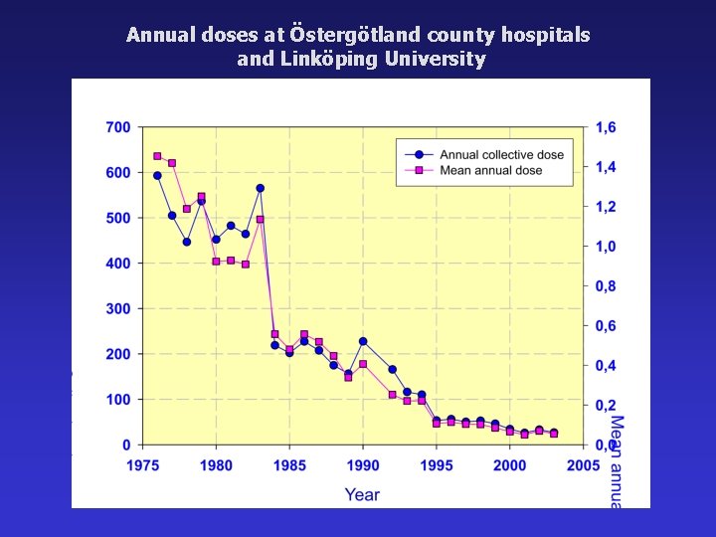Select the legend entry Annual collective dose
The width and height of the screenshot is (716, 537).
pyautogui.click(x=501, y=154)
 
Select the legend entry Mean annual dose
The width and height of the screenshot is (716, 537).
pyautogui.click(x=491, y=171)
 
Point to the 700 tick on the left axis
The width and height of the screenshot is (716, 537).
pyautogui.click(x=117, y=127)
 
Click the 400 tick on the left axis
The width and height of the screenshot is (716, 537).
pyautogui.click(x=117, y=264)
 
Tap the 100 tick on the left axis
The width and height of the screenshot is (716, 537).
pyautogui.click(x=117, y=400)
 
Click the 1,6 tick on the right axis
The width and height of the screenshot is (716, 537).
pyautogui.click(x=606, y=127)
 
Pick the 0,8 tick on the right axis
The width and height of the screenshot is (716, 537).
pyautogui.click(x=606, y=286)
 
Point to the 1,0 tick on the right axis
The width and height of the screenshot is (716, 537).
pyautogui.click(x=606, y=247)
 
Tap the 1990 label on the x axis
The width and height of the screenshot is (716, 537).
pyautogui.click(x=363, y=465)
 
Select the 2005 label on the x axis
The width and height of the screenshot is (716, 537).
pyautogui.click(x=584, y=465)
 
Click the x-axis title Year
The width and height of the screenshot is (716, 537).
pyautogui.click(x=362, y=493)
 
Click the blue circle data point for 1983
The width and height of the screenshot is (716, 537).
pyautogui.click(x=260, y=188)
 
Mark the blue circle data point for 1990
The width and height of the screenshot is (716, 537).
pyautogui.click(x=363, y=341)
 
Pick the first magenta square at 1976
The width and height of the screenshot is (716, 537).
pyautogui.click(x=157, y=156)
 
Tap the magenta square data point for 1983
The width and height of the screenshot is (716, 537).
pyautogui.click(x=260, y=220)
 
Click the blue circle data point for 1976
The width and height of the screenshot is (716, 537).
pyautogui.click(x=157, y=175)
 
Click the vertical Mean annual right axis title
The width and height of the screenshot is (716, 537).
pyautogui.click(x=617, y=462)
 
